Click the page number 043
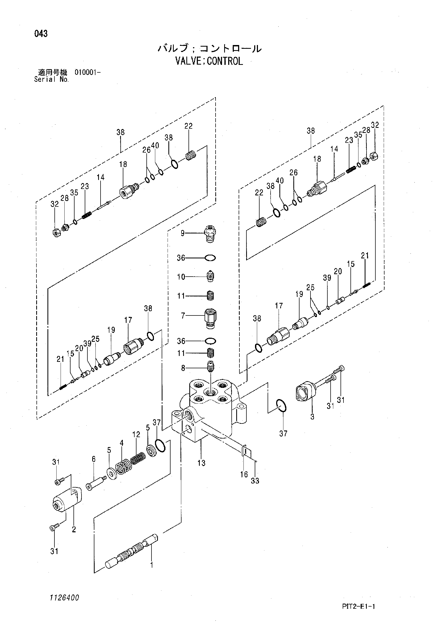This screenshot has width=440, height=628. pyautogui.click(x=41, y=34)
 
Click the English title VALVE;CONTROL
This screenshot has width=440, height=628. pyautogui.click(x=209, y=61)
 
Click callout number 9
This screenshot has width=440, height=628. pyautogui.click(x=183, y=233)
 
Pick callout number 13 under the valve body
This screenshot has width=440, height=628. pyautogui.click(x=201, y=463)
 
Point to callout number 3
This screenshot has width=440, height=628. pyautogui.click(x=312, y=417)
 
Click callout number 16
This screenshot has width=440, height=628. pyautogui.click(x=244, y=474)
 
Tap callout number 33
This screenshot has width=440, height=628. pyautogui.click(x=255, y=481)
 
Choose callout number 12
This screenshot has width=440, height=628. pyautogui.click(x=136, y=434)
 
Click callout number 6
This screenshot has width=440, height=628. pyautogui.click(x=94, y=459)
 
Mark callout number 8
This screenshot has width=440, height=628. pyautogui.click(x=183, y=368)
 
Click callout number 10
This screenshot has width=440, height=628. pyautogui.click(x=181, y=277)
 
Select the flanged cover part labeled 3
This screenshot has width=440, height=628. pyautogui.click(x=306, y=392)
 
